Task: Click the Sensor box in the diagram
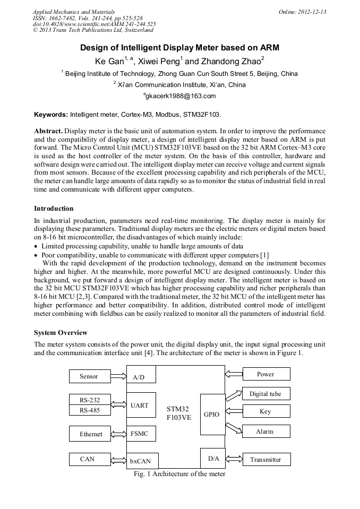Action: (89, 376)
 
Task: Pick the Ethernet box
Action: (90, 434)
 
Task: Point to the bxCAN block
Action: (142, 461)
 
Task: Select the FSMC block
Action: (141, 434)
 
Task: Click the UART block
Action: (141, 406)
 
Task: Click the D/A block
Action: (213, 458)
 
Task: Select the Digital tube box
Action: (266, 394)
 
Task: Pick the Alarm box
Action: (266, 432)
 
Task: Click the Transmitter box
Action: (266, 459)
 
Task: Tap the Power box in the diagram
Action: (266, 374)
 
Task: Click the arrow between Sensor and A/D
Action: (118, 376)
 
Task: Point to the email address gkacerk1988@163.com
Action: (179, 96)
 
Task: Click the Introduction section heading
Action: (54, 209)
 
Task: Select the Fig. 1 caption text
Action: (179, 474)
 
